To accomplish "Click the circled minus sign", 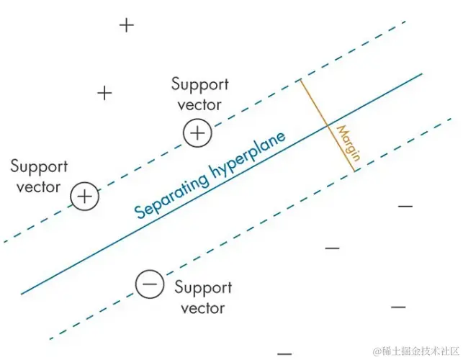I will (149, 284).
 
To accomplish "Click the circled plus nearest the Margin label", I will (197, 133).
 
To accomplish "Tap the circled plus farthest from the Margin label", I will (85, 196).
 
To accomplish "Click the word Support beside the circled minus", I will (203, 288).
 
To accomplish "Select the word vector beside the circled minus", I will (202, 308).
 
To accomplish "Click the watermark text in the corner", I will (413, 351).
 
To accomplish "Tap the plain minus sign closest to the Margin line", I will (405, 207).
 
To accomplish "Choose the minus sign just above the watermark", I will (398, 307).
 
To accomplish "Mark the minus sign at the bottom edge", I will (284, 354).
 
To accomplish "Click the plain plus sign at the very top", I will (127, 25).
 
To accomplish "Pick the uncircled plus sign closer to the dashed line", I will (105, 93).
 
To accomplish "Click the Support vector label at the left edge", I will (39, 177).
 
